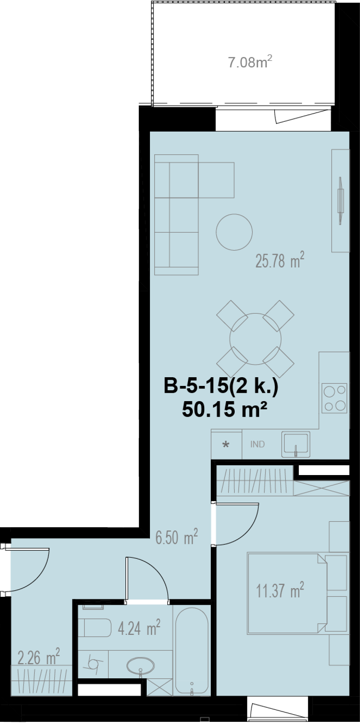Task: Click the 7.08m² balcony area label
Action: point(250,62)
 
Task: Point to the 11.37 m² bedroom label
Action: point(280,590)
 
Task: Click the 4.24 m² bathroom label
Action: point(139,628)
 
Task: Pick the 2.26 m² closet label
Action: point(39,657)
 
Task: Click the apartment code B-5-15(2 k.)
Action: point(221,386)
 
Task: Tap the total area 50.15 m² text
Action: point(225,409)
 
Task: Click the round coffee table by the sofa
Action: point(234,232)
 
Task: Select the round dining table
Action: point(255,339)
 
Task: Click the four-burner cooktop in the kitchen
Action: point(334,398)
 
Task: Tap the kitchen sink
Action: point(296,444)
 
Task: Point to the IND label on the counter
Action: point(258,444)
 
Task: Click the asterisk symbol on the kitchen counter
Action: point(226,445)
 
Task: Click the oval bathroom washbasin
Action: point(141,665)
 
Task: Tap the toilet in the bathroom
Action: point(95,628)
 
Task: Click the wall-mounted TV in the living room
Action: point(340,200)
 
